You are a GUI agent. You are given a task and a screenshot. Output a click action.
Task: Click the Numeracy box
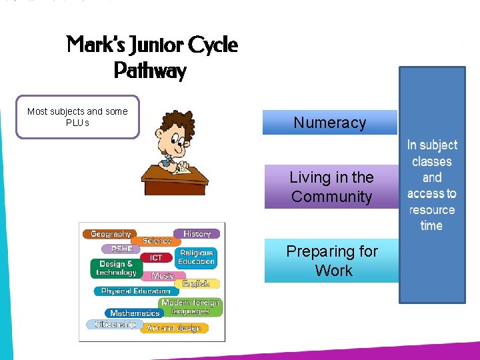pos(329,123)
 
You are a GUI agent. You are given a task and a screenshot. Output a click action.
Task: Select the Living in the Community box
pos(331,187)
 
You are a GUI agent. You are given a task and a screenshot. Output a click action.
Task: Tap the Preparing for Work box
pos(331,261)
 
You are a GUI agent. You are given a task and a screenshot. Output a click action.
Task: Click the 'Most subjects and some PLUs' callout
pos(77,117)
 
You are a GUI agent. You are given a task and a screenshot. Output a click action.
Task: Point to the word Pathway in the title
pos(150,70)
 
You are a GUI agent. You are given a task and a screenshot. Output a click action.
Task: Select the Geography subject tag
pos(111,234)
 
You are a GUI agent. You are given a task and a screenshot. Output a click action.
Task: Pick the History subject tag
pos(197,234)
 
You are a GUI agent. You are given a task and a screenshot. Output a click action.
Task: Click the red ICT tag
pos(156,257)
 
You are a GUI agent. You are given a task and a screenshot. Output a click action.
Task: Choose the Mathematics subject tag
pos(135,313)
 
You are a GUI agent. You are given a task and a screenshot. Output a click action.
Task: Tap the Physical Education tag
pos(135,291)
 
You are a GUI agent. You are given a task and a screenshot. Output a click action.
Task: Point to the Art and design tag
pos(173,328)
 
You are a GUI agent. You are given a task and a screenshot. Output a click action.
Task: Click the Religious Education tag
pos(197,257)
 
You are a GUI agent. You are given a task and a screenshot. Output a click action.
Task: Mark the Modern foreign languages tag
pos(190,307)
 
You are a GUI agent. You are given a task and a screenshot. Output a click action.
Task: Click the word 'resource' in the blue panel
pos(432,209)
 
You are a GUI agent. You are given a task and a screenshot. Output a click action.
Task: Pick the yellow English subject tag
pos(196,283)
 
